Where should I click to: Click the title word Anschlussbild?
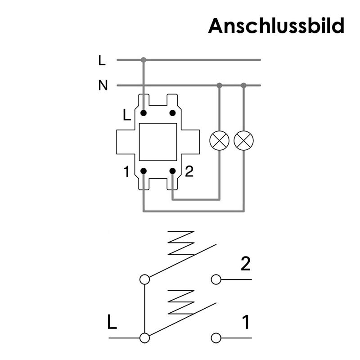point(276,26)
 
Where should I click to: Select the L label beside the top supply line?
point(102,60)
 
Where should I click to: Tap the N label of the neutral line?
point(103,85)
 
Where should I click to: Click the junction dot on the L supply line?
point(144,59)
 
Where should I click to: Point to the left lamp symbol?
point(220,141)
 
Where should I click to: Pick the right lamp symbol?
point(243,141)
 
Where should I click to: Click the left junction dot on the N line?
point(220,85)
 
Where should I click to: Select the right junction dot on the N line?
point(243,85)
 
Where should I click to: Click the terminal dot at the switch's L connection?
point(144,112)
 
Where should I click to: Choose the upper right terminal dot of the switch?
point(172,112)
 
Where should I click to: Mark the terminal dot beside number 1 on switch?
point(144,171)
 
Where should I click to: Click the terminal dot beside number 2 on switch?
point(172,171)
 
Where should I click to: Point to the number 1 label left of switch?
point(127,171)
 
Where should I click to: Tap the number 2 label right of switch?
point(189,171)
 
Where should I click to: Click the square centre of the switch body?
point(157,142)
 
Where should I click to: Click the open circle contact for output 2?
point(216,279)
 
